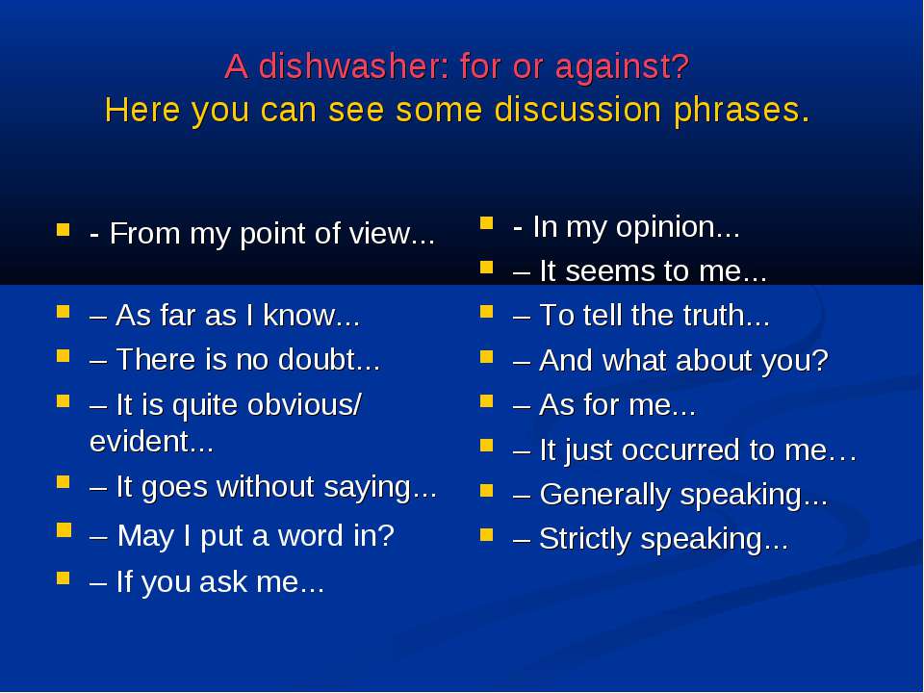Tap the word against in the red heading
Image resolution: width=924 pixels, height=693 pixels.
pyautogui.click(x=622, y=67)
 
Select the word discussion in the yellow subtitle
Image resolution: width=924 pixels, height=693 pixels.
pyautogui.click(x=577, y=110)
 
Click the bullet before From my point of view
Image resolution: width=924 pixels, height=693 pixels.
pyautogui.click(x=64, y=229)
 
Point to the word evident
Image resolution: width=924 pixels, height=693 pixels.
pyautogui.click(x=151, y=441)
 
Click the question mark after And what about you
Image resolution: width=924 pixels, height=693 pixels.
pyautogui.click(x=820, y=359)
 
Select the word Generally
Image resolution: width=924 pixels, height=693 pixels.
pyautogui.click(x=605, y=495)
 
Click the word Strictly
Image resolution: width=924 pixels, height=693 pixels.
pyautogui.click(x=585, y=540)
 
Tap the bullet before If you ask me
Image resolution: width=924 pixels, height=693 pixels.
pyautogui.click(x=64, y=577)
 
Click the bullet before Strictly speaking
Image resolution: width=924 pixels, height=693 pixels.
pyautogui.click(x=487, y=534)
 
